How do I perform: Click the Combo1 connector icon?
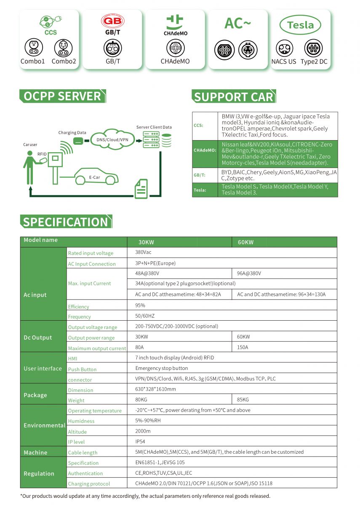point(33,48)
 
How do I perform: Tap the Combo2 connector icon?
point(64,48)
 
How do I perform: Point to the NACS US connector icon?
point(284,49)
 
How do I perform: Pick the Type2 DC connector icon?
point(314,49)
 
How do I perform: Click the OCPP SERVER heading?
point(62,96)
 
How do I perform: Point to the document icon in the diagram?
point(141,188)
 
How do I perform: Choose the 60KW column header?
point(246,242)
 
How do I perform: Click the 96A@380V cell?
point(249,274)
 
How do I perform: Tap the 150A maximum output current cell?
point(243,347)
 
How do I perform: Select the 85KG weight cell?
point(243,399)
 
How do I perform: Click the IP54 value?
point(140,441)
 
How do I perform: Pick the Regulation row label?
point(39,473)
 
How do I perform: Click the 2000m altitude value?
point(143,431)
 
